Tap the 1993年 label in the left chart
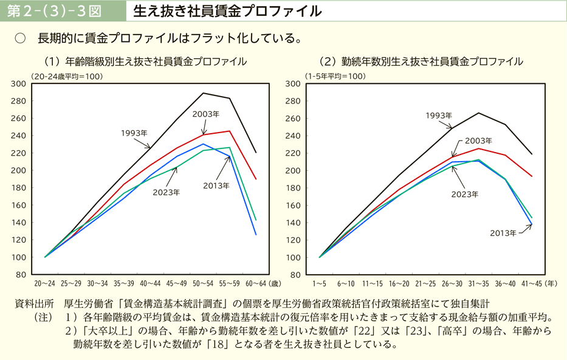tap(134, 133)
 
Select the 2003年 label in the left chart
tap(206, 114)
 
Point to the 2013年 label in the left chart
tap(216, 185)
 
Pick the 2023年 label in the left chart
tap(166, 192)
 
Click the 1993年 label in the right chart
tap(439, 116)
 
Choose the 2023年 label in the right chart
tap(465, 195)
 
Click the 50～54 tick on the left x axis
tap(203, 283)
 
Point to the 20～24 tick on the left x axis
tap(45, 283)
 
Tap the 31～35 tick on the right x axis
tap(479, 283)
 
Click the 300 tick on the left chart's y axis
tap(19, 84)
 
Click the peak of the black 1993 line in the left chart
tap(203, 93)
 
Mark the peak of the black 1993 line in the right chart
tap(479, 112)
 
